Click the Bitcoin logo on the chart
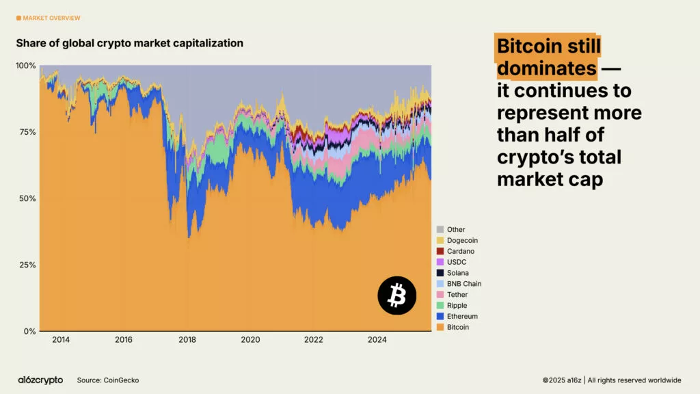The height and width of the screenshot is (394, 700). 396,295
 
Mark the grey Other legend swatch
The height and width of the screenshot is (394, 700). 440,230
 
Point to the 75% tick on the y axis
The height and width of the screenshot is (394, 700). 26,132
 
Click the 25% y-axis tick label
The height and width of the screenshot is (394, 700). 26,265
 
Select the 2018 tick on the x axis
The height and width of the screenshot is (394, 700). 187,340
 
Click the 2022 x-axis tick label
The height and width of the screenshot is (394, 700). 314,340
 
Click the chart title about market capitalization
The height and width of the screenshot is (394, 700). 130,43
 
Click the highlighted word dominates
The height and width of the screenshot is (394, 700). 547,68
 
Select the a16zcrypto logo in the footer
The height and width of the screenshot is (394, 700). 40,380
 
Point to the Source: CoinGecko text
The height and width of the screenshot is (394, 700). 107,380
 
